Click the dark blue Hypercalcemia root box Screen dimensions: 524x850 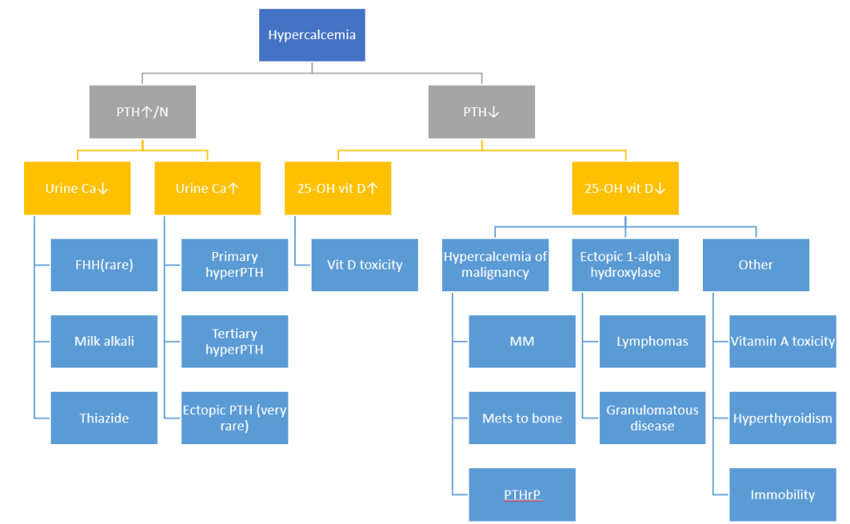(x=312, y=35)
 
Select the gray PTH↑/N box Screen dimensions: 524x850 (x=142, y=111)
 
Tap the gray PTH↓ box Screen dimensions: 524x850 (x=481, y=111)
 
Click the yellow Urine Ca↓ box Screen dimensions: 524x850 (x=77, y=188)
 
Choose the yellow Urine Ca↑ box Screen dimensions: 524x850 (x=208, y=188)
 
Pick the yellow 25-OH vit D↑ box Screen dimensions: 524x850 (x=337, y=188)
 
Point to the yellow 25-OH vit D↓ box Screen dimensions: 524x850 (x=625, y=188)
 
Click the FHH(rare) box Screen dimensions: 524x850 (x=104, y=264)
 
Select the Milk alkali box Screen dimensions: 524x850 (x=104, y=341)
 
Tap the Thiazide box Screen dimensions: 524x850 (x=104, y=418)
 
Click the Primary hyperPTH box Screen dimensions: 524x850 (x=234, y=264)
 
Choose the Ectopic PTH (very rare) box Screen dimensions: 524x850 (x=234, y=418)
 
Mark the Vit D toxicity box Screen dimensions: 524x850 (x=364, y=264)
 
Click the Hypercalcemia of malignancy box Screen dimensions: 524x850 (x=495, y=264)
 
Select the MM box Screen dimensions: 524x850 (x=522, y=341)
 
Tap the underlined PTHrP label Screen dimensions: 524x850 (x=522, y=495)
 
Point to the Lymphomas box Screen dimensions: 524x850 (x=652, y=341)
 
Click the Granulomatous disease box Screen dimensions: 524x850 (x=652, y=418)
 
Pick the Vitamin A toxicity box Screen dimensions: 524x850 (x=783, y=341)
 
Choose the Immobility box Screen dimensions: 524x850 (x=783, y=495)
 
